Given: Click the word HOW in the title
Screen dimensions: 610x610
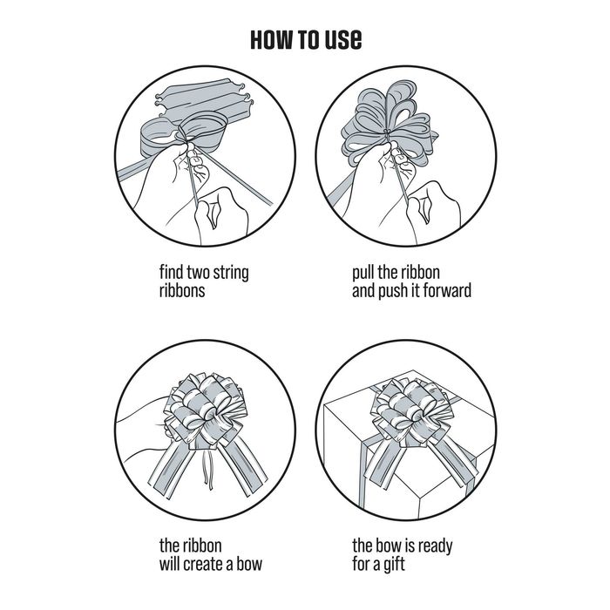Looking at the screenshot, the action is click(272, 39).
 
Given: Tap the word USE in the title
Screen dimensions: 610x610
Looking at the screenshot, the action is click(343, 39).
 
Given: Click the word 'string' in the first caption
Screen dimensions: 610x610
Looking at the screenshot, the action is click(231, 274).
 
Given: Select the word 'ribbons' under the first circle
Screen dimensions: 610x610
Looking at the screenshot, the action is click(182, 290).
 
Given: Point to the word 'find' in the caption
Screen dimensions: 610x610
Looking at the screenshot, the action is click(171, 272).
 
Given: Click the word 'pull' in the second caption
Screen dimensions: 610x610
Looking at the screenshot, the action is click(363, 274).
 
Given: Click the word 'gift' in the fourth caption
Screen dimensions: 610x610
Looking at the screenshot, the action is click(394, 565).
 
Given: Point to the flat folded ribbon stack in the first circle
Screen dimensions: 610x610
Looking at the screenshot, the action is click(202, 99).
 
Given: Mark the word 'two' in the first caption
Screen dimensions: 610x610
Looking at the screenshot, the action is click(199, 273).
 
